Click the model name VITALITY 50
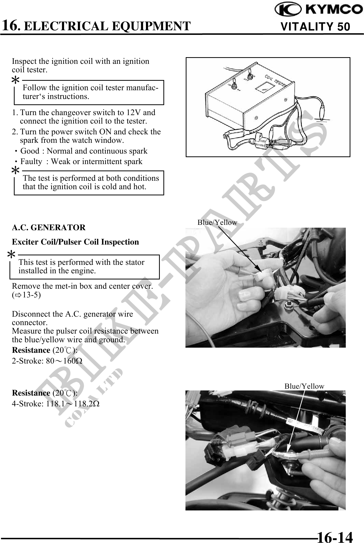(x=315, y=27)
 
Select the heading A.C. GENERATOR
(x=49, y=227)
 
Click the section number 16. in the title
(x=11, y=25)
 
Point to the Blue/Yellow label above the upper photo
(x=217, y=223)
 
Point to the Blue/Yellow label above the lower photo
(x=304, y=386)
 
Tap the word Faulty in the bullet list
(x=31, y=162)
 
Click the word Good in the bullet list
(x=30, y=151)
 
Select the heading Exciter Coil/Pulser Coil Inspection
(x=75, y=242)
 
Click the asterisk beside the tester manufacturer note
(x=16, y=80)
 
